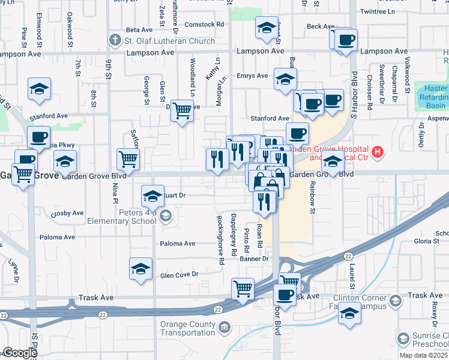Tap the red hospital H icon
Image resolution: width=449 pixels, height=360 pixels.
click(x=377, y=152)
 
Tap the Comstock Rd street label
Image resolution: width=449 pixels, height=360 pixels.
click(x=203, y=25)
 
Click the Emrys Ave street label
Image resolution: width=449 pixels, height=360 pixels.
click(x=252, y=76)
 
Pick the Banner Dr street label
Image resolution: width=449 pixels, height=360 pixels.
click(x=255, y=259)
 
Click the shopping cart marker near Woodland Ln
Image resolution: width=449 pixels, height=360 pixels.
click(x=182, y=110)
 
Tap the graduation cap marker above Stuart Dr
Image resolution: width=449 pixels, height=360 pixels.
click(x=152, y=196)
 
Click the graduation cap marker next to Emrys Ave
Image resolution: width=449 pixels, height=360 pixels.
click(x=285, y=79)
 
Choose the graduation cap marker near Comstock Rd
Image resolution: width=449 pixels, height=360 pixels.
click(x=267, y=27)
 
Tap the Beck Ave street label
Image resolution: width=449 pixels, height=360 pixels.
click(x=320, y=26)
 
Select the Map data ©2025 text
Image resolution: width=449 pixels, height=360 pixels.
click(x=423, y=355)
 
